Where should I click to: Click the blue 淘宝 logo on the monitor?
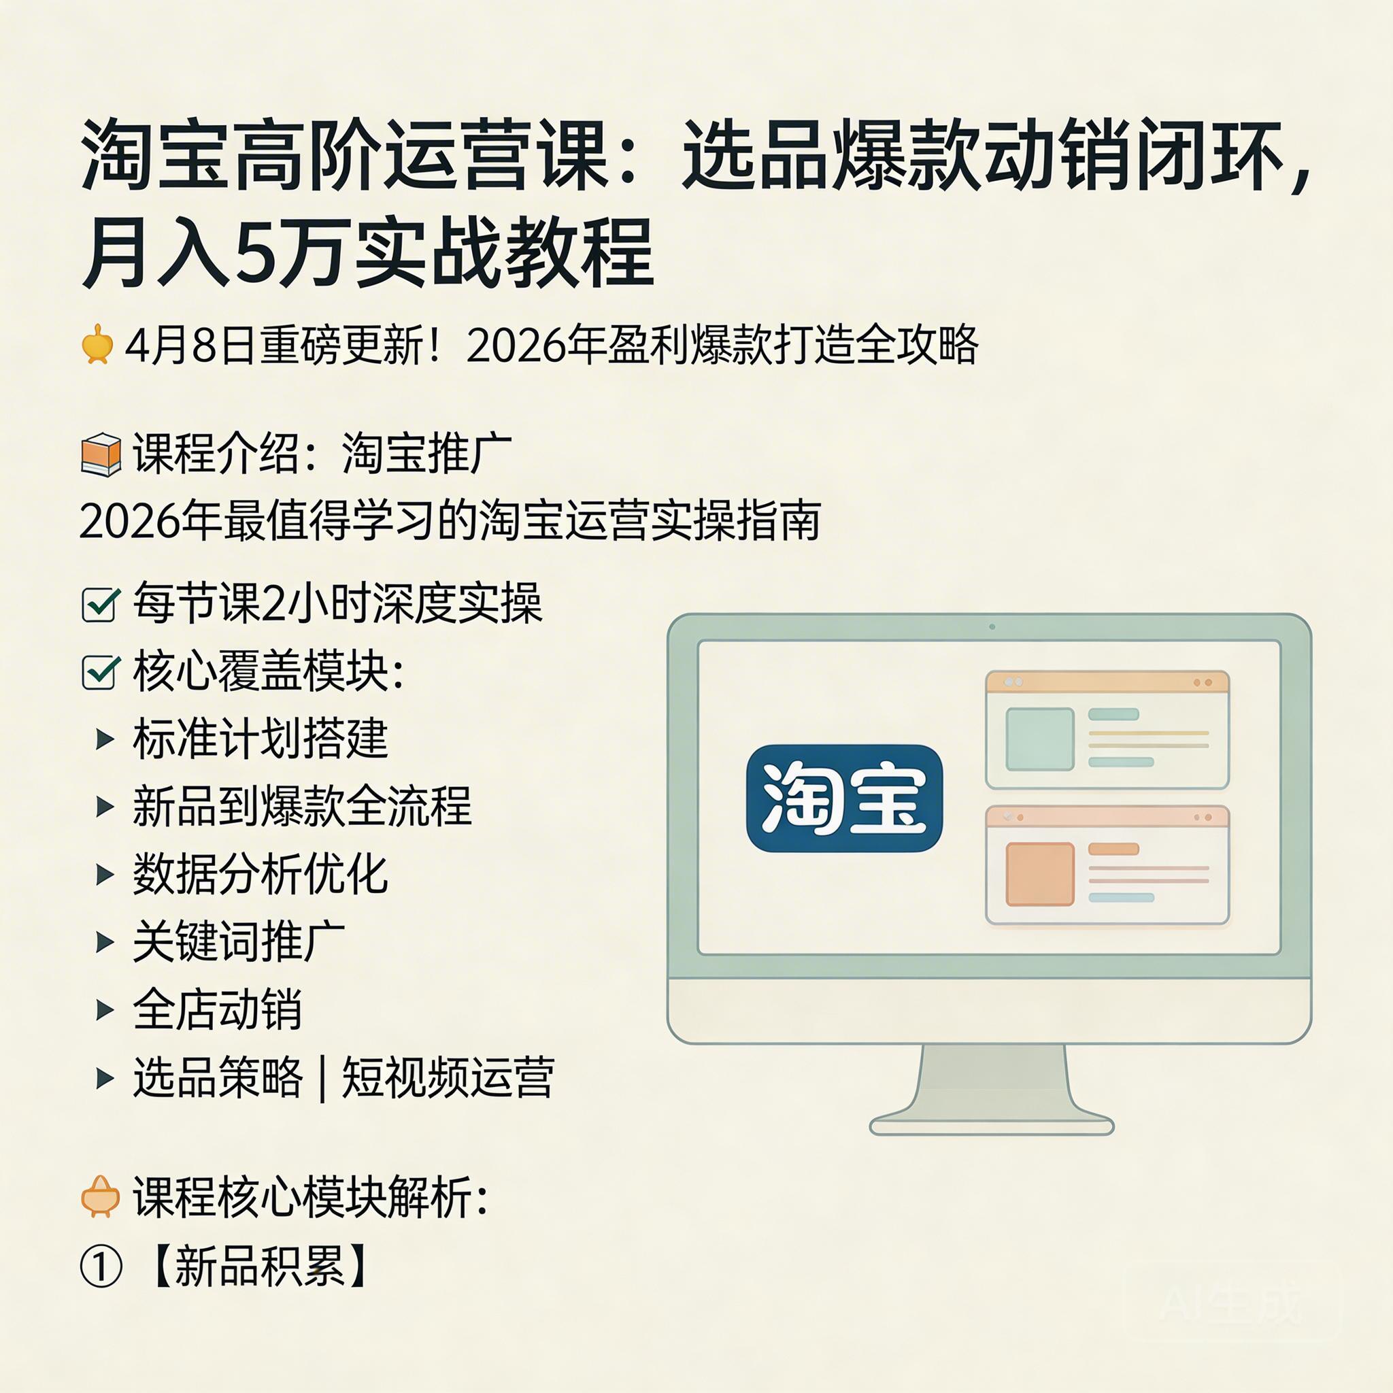[844, 797]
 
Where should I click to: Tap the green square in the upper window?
[1039, 739]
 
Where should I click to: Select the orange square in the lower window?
[1039, 873]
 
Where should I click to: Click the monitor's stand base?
[992, 1126]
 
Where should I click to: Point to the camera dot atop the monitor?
[992, 626]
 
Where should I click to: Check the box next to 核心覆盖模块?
[100, 672]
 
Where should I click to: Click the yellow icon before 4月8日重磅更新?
[97, 345]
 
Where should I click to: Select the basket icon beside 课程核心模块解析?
[100, 1197]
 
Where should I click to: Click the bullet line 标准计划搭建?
[261, 738]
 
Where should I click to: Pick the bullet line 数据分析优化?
[261, 874]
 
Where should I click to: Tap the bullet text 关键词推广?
[239, 941]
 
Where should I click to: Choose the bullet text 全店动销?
[217, 1009]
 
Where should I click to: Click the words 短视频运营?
[448, 1077]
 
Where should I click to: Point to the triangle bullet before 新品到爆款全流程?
[105, 806]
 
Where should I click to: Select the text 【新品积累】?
[261, 1266]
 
